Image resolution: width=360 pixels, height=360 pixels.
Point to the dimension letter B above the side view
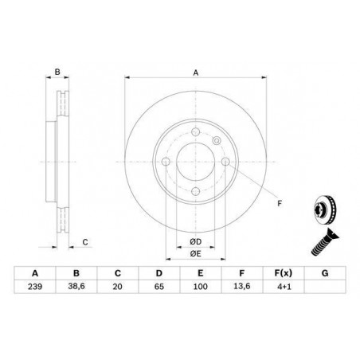click(57, 72)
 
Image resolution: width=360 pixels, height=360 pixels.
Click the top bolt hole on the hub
click(194, 132)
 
